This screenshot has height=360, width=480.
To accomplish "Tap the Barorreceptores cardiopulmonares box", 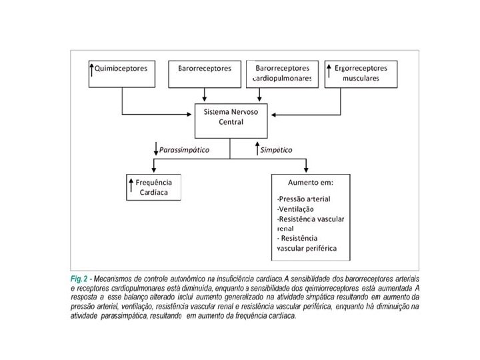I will point(283,73).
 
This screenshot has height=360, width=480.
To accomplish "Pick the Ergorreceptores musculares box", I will point(360,73).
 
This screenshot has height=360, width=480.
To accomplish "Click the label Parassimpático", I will point(184,150).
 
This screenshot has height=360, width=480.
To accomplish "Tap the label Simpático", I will point(276,150).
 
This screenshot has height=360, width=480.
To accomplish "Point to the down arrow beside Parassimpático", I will point(155,149).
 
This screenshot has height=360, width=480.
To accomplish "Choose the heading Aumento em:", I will point(310,182).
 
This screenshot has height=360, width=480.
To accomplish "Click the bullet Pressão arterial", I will point(303,199).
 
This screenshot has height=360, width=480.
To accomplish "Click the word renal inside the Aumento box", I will point(285,229).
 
